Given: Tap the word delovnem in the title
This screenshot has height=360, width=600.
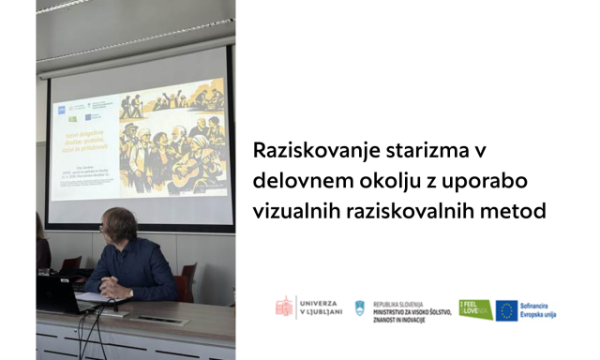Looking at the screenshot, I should (297, 182).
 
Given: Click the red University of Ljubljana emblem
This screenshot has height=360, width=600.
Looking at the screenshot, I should (283, 307).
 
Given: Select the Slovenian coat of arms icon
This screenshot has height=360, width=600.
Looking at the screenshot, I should (360, 307).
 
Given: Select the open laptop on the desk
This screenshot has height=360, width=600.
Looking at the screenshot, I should (59, 293).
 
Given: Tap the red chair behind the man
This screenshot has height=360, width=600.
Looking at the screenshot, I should (187, 280).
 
